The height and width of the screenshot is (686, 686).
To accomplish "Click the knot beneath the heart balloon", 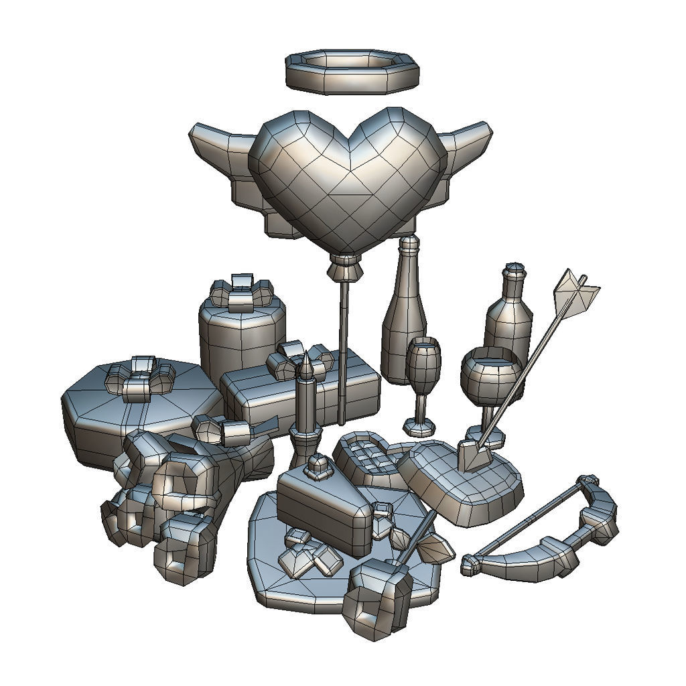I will [345, 269].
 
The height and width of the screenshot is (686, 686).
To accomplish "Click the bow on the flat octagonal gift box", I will [141, 378].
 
